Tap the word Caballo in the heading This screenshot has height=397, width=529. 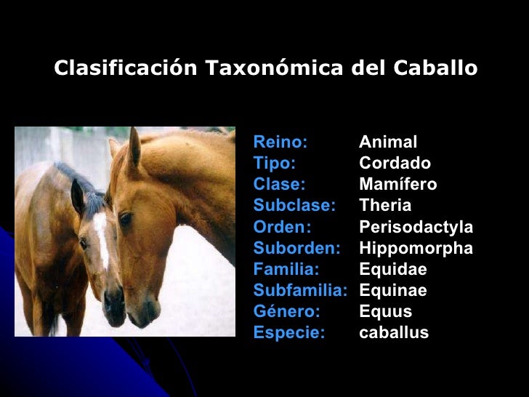pos(436,68)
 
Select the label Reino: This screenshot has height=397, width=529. pos(280,142)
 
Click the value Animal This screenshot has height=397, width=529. pos(388,142)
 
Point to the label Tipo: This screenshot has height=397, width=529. pos(274,163)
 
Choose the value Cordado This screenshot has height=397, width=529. pos(395,163)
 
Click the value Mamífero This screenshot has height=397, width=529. pos(398,185)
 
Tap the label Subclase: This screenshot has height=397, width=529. pos(294,206)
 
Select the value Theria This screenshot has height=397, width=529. pos(385,206)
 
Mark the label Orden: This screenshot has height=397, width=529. pos(282,227)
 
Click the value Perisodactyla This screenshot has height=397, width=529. pos(416,227)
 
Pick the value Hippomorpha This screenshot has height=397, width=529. pos(416,249)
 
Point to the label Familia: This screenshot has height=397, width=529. pos(286,270)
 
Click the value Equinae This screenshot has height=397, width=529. pos(393,291)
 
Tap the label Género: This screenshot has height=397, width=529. pos(286,312)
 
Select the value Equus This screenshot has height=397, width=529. pos(385,312)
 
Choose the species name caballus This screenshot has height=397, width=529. pos(394,333)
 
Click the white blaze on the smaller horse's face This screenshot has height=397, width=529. pos(102,240)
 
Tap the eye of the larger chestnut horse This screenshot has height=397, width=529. pos(125,217)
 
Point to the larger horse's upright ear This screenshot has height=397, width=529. pos(134,149)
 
